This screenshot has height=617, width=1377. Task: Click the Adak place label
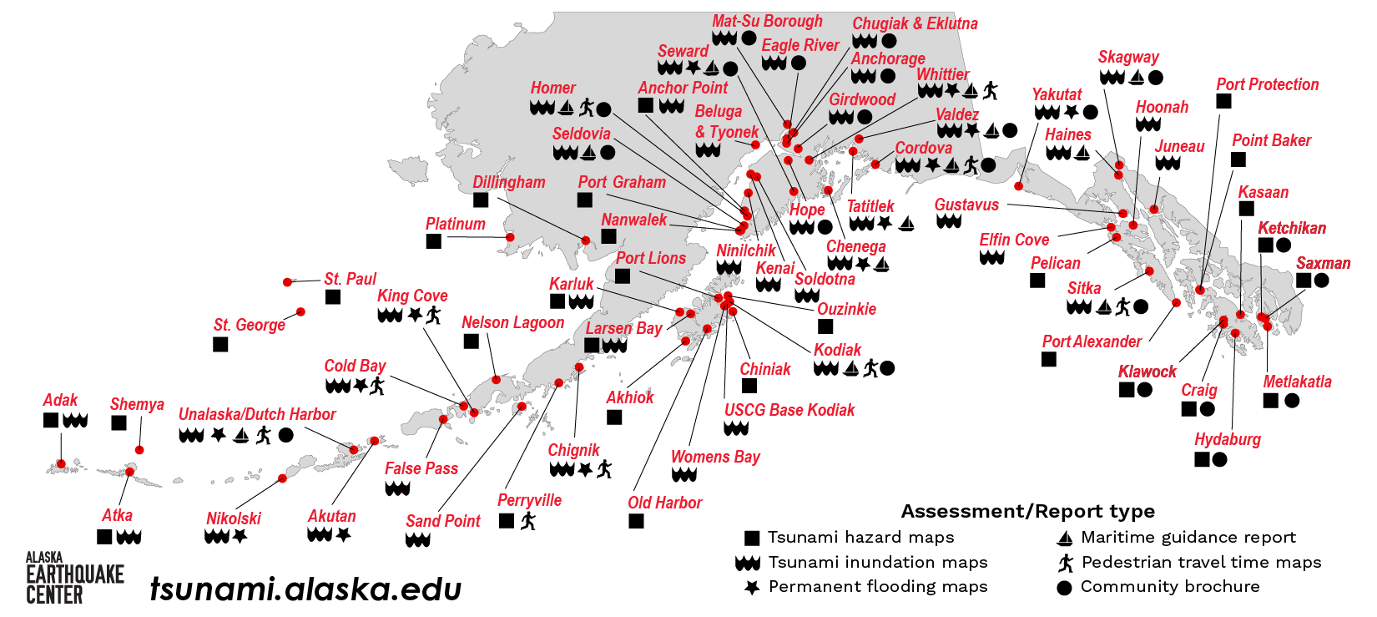pyautogui.click(x=60, y=401)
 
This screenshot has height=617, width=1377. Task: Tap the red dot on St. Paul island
pyautogui.click(x=288, y=282)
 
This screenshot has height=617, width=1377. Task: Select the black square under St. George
pyautogui.click(x=220, y=344)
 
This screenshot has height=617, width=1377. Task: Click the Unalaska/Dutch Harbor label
pyautogui.click(x=257, y=414)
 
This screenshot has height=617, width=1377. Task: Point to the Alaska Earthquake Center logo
pyautogui.click(x=74, y=578)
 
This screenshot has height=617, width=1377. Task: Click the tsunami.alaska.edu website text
pyautogui.click(x=305, y=589)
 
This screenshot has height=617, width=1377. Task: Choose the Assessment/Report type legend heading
pyautogui.click(x=1027, y=512)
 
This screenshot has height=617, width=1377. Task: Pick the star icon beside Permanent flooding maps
pyautogui.click(x=752, y=588)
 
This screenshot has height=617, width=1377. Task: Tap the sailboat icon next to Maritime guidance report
pyautogui.click(x=1064, y=538)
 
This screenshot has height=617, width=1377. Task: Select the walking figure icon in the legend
pyautogui.click(x=1065, y=563)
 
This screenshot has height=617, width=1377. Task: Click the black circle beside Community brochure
pyautogui.click(x=1064, y=588)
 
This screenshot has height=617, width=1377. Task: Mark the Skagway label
pyautogui.click(x=1128, y=58)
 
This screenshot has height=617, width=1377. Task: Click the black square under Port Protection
pyautogui.click(x=1223, y=101)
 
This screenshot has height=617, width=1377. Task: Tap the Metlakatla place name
pyautogui.click(x=1297, y=382)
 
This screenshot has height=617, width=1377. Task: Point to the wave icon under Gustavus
pyautogui.click(x=949, y=222)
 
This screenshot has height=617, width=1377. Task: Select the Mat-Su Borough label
pyautogui.click(x=767, y=22)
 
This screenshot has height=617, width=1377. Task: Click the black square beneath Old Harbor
pyautogui.click(x=636, y=521)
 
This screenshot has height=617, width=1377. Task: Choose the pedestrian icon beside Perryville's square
pyautogui.click(x=527, y=521)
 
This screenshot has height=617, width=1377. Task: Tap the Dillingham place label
pyautogui.click(x=509, y=182)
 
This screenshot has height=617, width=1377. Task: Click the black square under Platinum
pyautogui.click(x=434, y=241)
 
